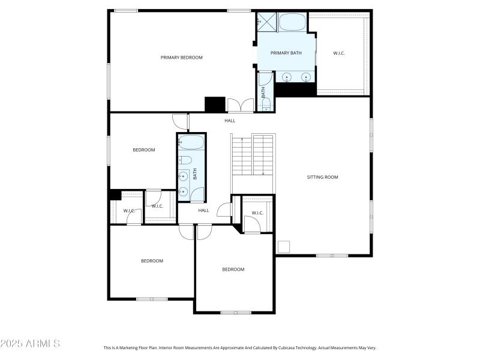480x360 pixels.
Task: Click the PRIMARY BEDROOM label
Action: (x=181, y=58)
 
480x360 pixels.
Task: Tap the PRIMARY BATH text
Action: (x=286, y=53)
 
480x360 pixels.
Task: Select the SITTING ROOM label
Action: (x=322, y=177)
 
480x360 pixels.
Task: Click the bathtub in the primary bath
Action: (x=292, y=22)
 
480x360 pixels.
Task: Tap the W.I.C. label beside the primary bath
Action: (x=339, y=53)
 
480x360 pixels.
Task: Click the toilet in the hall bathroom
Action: (x=185, y=160)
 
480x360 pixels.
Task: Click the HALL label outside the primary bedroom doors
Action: (x=230, y=121)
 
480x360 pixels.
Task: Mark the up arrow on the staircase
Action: (x=233, y=140)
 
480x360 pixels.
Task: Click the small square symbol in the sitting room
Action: (x=283, y=247)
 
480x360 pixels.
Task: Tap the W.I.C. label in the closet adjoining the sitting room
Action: (x=257, y=213)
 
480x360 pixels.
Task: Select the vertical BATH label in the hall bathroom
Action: (x=195, y=174)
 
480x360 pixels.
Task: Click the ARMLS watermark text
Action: (x=30, y=344)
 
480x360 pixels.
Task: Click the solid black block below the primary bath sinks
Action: (x=295, y=89)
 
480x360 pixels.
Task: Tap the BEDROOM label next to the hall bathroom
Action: (x=143, y=150)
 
